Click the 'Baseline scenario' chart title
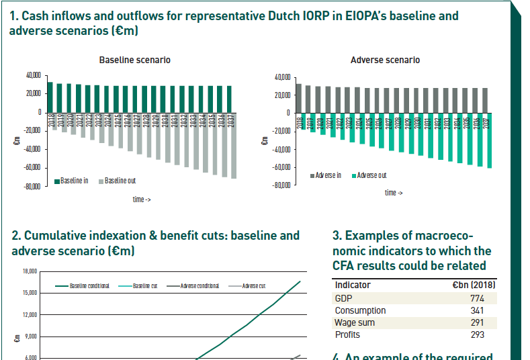134,60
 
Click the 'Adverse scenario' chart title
385,60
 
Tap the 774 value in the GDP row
477,298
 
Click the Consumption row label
360,310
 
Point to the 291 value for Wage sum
477,322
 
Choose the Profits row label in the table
347,334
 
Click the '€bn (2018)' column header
474,285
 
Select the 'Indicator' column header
353,285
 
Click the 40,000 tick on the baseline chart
32,75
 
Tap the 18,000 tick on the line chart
30,271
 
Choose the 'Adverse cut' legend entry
253,286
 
